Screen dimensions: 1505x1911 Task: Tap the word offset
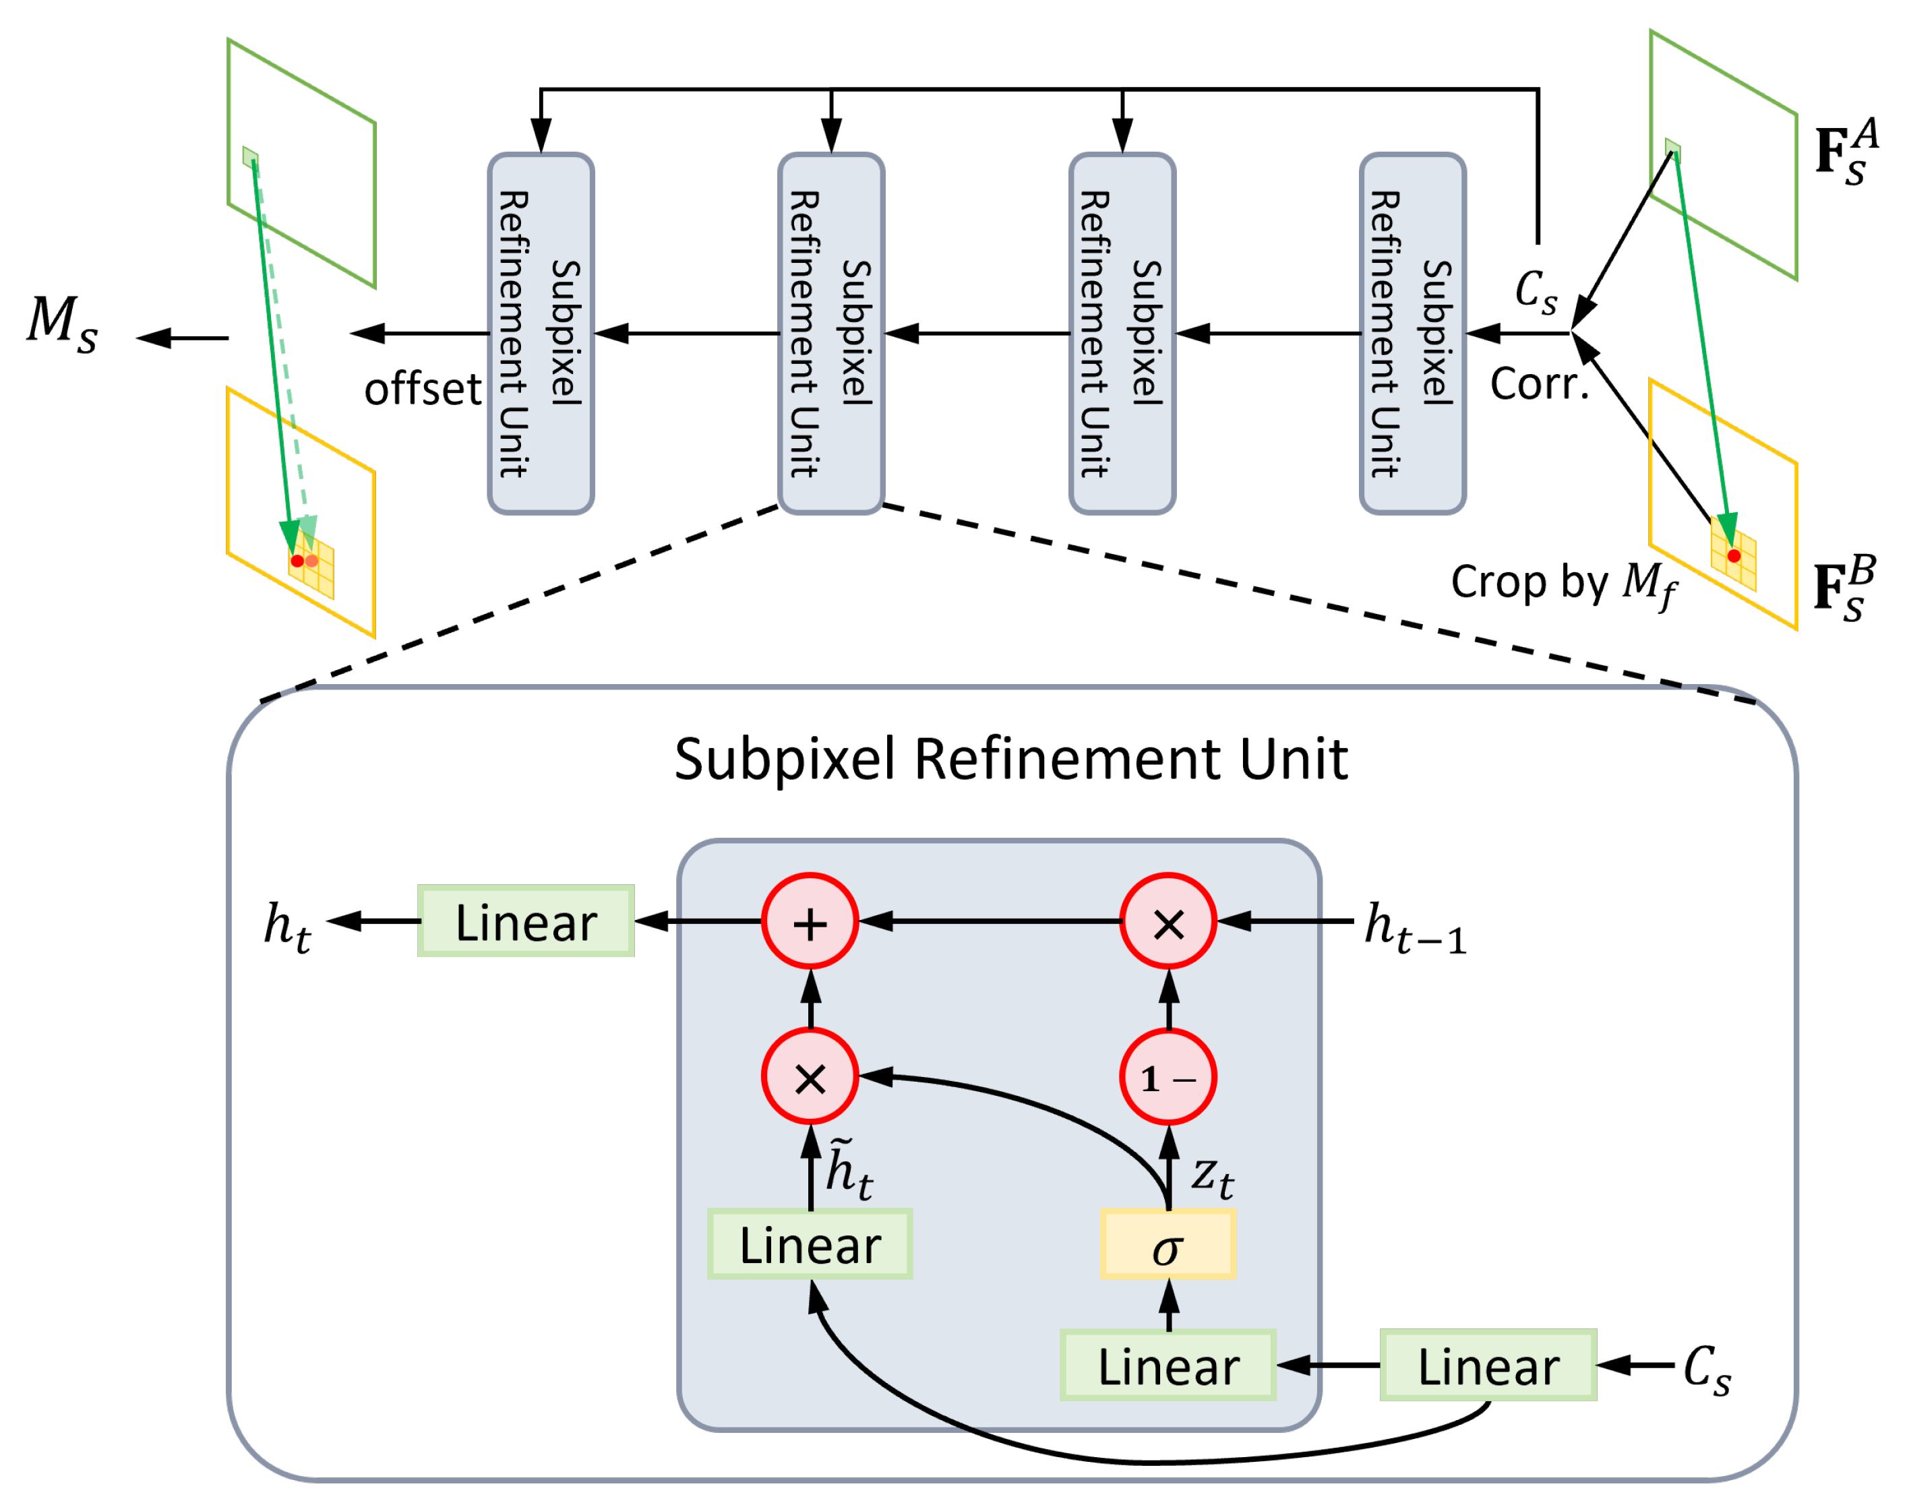coord(423,389)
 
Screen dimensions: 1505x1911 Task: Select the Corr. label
coord(1539,383)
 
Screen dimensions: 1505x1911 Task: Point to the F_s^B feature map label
coord(1845,588)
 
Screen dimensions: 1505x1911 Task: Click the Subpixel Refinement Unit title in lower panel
coord(1010,759)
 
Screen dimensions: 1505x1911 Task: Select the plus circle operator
coord(810,922)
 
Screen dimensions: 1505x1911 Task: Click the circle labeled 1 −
coord(1168,1077)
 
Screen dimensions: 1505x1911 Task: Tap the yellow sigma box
coord(1168,1244)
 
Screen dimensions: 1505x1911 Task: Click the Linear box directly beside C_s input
coord(1488,1365)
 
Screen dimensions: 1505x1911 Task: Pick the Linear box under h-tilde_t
coord(810,1244)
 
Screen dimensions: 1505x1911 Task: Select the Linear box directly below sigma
coord(1168,1365)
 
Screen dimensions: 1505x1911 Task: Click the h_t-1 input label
coord(1415,928)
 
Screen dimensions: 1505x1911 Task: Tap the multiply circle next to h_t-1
coord(1168,922)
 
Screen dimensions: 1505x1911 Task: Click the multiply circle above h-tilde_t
coord(810,1077)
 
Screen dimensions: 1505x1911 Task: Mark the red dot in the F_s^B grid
coord(1734,556)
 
